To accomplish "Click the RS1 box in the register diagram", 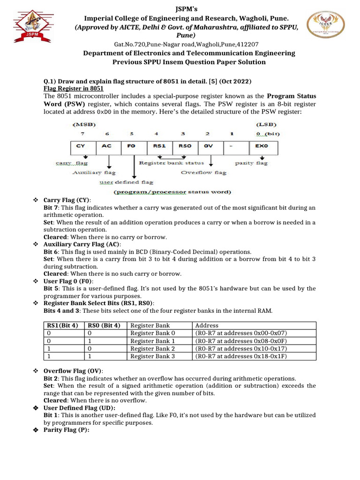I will coord(159,146).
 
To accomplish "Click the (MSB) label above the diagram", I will coord(85,125).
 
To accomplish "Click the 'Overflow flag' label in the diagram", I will coord(204,172).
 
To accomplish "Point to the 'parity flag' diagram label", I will coord(251,163).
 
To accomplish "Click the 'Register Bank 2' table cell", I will coord(153,348).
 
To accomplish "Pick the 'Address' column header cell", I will coord(206,325).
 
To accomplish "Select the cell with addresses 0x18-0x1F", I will coord(240,356).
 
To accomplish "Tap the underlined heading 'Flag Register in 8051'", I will coord(74,88).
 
